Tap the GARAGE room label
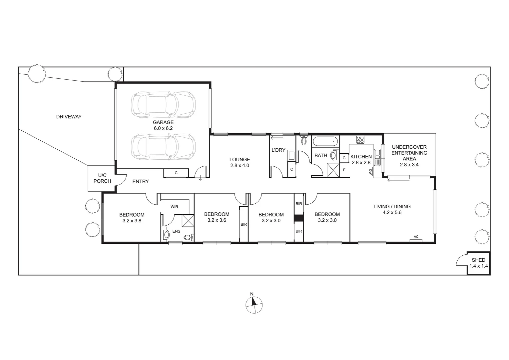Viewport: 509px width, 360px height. tap(163, 122)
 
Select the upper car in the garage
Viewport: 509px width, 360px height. tap(163, 105)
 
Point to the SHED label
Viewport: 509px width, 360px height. tap(478, 260)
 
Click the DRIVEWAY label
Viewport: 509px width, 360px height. tap(69, 117)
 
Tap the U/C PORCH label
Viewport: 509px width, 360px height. tap(102, 178)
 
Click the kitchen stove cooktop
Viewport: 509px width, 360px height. tap(360, 139)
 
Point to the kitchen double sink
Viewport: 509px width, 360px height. tap(377, 157)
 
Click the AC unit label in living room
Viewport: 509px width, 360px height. tap(416, 237)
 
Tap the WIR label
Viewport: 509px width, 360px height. tap(174, 207)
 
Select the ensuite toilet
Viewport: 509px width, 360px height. tap(189, 237)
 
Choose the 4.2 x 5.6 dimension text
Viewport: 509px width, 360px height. tap(392, 212)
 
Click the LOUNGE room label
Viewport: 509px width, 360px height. tap(240, 159)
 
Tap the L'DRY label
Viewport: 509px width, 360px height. tap(278, 150)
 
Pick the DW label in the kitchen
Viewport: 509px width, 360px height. tap(370, 172)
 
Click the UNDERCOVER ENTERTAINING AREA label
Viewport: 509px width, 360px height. tap(409, 153)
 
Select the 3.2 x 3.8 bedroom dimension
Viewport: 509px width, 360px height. tap(132, 220)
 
